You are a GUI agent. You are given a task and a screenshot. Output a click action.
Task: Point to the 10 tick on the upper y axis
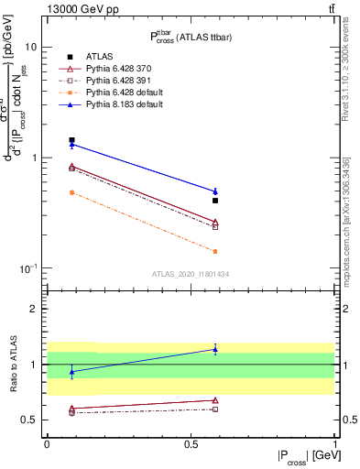click(x=31, y=47)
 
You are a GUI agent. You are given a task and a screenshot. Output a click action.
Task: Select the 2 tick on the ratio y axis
click(x=33, y=310)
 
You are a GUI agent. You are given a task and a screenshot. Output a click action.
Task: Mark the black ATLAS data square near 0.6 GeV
click(x=215, y=200)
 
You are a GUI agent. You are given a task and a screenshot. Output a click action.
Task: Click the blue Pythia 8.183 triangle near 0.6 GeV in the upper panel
click(x=215, y=191)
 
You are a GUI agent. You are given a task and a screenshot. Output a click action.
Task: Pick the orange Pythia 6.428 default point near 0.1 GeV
click(x=71, y=192)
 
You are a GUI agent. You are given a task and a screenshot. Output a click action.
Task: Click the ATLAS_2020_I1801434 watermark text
click(x=191, y=274)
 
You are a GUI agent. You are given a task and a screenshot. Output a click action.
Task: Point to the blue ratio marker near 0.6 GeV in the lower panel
click(x=215, y=349)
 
